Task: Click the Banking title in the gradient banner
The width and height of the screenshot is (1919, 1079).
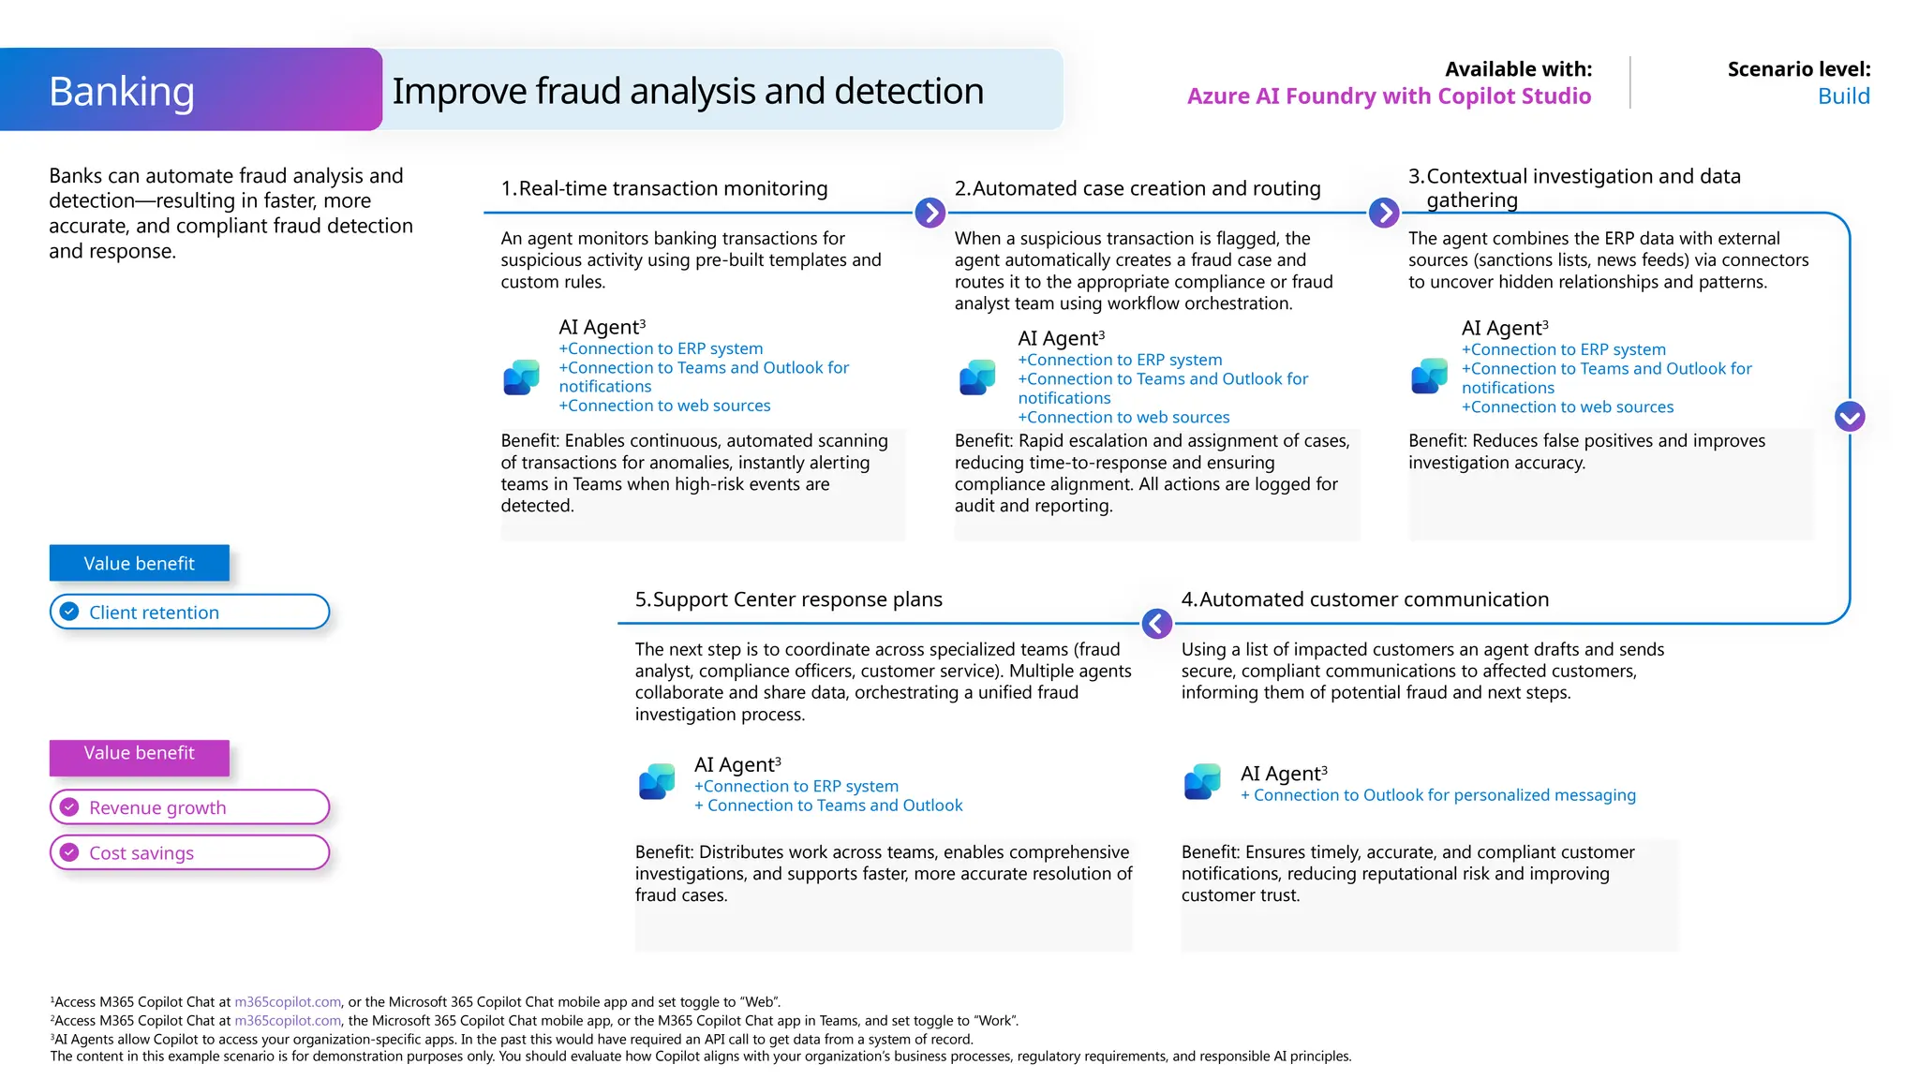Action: [122, 92]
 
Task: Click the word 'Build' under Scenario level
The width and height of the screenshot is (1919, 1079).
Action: [1842, 96]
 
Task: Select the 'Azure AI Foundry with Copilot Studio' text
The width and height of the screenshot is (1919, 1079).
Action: [1389, 96]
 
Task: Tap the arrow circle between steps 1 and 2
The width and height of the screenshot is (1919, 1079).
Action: [930, 213]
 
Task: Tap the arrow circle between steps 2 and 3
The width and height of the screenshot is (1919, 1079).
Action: [1384, 213]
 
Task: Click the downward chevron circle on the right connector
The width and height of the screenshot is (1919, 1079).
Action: [1850, 417]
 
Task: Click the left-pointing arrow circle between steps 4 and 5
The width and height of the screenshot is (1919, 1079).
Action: [1157, 624]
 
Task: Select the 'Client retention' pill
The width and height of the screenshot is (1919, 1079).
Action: [189, 613]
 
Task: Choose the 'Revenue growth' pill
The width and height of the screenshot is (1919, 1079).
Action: [189, 807]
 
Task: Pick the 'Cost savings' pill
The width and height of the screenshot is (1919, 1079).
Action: [189, 853]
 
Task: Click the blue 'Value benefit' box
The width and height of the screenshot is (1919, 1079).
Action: [139, 564]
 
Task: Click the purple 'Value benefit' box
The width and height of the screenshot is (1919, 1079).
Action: [139, 755]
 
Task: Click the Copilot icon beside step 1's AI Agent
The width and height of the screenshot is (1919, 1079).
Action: [522, 377]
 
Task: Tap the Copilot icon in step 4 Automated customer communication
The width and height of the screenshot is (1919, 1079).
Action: [1202, 781]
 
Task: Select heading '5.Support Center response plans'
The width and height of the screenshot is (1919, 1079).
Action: [788, 599]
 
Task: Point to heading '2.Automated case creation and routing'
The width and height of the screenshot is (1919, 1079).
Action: [1137, 188]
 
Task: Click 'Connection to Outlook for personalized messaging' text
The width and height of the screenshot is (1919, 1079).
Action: [1444, 795]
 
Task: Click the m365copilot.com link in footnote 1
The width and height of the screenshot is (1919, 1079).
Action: [288, 1002]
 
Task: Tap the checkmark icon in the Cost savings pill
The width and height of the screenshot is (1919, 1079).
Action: [69, 852]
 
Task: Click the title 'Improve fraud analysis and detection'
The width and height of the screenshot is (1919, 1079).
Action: [688, 92]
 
